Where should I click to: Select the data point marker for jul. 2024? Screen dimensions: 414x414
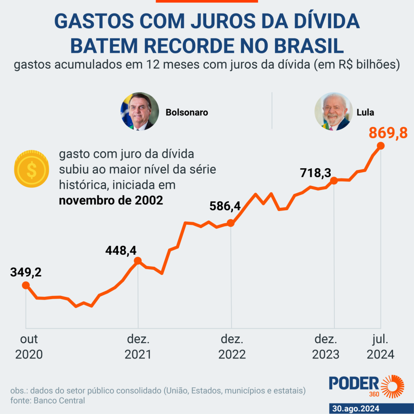click(380, 146)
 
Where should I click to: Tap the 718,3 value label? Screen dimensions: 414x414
click(315, 173)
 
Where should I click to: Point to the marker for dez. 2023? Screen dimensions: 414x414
click(334, 181)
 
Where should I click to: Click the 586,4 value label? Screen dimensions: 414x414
click(225, 206)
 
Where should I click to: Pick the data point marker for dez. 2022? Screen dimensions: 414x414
click(230, 223)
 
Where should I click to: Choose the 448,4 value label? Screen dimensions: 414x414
click(120, 251)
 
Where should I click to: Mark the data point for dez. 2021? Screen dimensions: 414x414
click(137, 261)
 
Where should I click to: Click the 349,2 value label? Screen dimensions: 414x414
click(26, 272)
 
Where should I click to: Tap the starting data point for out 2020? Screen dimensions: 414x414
click(26, 285)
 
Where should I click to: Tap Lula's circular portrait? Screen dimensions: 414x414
click(334, 112)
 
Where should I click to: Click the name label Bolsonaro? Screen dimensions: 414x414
click(187, 112)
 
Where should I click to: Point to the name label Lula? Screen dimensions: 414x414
click(365, 112)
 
